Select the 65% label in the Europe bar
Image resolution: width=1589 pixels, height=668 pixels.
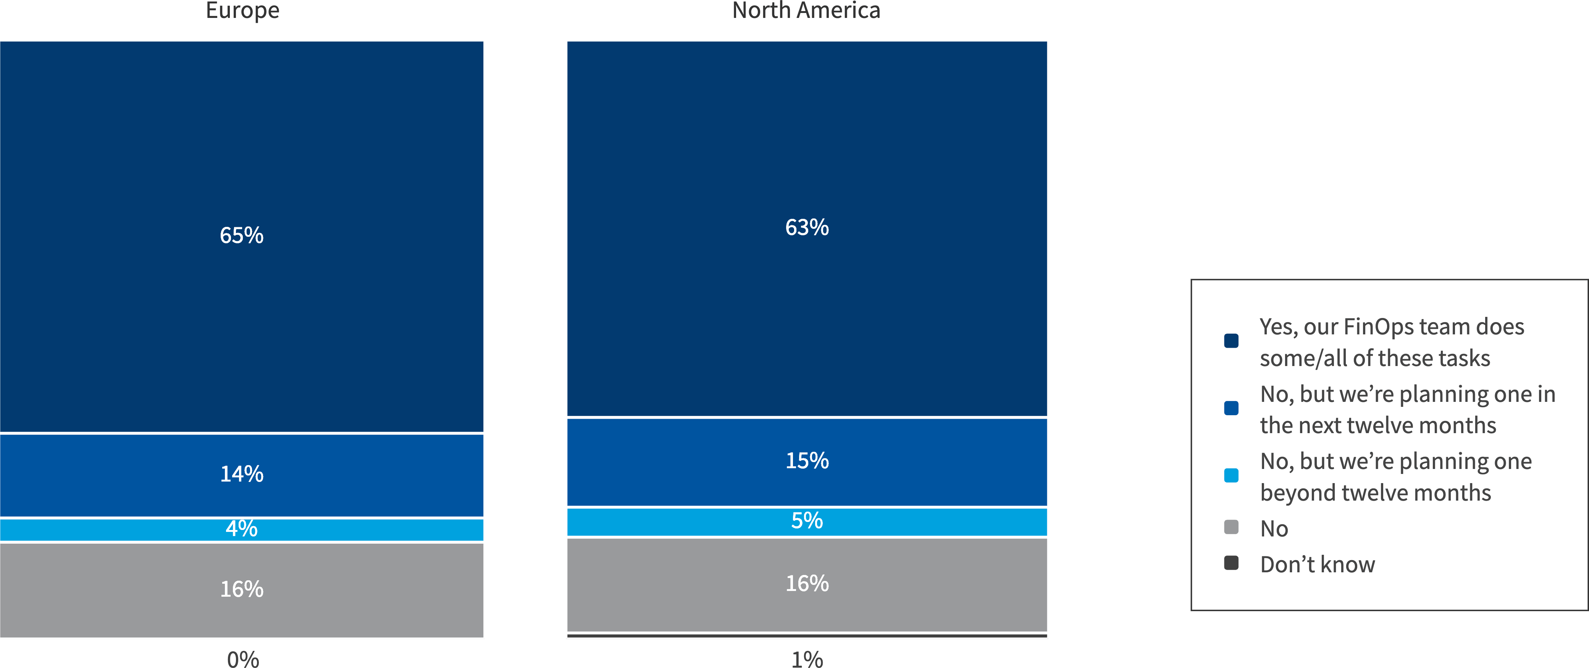point(241,235)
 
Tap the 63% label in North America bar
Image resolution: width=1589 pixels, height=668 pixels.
point(806,227)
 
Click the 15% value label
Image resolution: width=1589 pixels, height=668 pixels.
point(806,460)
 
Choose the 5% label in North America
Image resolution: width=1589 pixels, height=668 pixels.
point(806,521)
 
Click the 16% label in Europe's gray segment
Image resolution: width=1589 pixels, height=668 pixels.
point(241,589)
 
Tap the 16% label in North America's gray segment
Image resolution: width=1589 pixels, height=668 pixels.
point(806,583)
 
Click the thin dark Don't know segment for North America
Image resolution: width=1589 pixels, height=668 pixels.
point(806,635)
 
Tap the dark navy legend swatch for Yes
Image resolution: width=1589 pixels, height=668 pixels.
point(1231,341)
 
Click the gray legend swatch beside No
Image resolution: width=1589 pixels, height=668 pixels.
point(1231,527)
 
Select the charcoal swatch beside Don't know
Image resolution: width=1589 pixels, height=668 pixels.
point(1231,563)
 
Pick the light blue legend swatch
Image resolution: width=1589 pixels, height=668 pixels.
point(1231,475)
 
